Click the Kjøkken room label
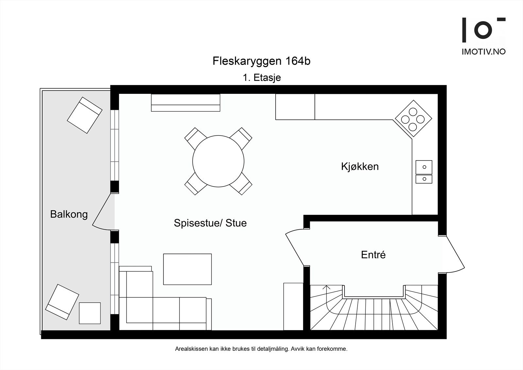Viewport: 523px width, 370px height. [360, 167]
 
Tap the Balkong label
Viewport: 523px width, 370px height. [69, 214]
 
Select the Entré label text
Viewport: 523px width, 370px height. [373, 255]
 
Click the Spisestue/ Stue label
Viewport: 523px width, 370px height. [210, 223]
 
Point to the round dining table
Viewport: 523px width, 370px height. [218, 161]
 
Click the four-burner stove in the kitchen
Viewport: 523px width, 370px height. [413, 118]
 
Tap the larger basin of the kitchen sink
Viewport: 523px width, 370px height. [424, 167]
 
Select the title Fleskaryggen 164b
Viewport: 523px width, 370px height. [261, 61]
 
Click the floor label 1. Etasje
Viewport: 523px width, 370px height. [262, 78]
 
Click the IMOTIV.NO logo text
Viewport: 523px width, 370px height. [483, 52]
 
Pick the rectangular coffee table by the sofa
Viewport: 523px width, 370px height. [187, 269]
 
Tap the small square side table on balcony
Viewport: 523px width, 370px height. [90, 313]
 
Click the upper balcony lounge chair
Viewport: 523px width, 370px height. [85, 115]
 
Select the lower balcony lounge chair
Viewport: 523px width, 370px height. [62, 302]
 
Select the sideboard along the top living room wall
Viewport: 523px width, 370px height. [185, 103]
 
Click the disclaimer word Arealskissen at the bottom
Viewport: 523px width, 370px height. [192, 349]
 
